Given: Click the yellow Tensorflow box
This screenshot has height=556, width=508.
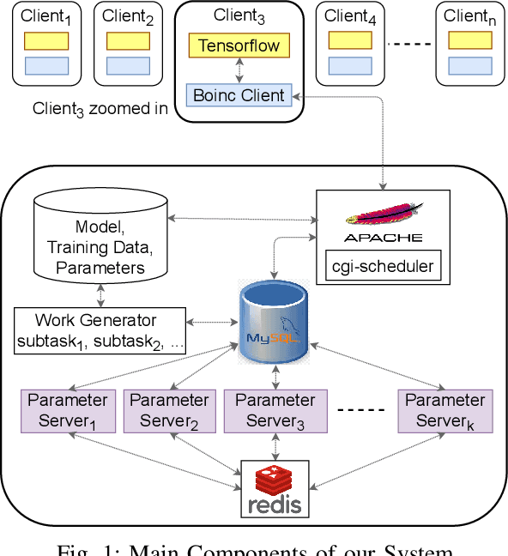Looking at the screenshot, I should point(239,45).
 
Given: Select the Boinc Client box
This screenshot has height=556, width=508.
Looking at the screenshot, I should point(239,95).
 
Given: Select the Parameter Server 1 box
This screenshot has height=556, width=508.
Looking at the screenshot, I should point(68,410).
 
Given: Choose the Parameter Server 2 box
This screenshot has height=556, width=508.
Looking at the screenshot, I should point(168,410).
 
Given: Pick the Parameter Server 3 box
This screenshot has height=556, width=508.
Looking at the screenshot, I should point(275,410).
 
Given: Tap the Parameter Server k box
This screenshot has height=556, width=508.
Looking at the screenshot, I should point(444,410).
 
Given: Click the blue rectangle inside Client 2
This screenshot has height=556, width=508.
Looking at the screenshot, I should point(128,65).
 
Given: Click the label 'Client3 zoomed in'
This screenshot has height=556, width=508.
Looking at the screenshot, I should point(100,109).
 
